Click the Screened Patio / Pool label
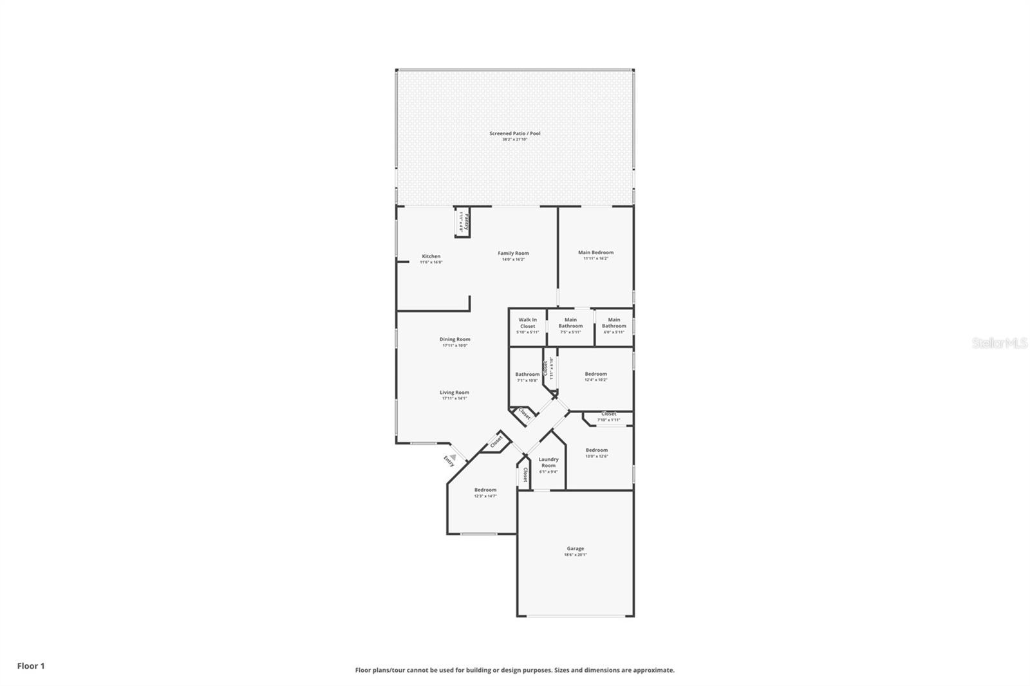514,134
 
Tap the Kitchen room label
431,256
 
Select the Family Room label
513,254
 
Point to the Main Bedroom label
595,253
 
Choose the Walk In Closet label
527,323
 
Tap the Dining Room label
454,339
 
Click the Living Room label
454,393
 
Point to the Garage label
576,549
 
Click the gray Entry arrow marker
453,457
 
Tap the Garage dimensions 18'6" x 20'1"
576,555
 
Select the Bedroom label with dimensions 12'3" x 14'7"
485,490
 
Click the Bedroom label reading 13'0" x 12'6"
597,450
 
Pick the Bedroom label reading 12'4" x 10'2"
595,374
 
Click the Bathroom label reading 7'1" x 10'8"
527,375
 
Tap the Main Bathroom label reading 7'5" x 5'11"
570,323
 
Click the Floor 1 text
31,666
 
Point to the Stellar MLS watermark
999,344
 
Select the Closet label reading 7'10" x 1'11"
608,414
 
